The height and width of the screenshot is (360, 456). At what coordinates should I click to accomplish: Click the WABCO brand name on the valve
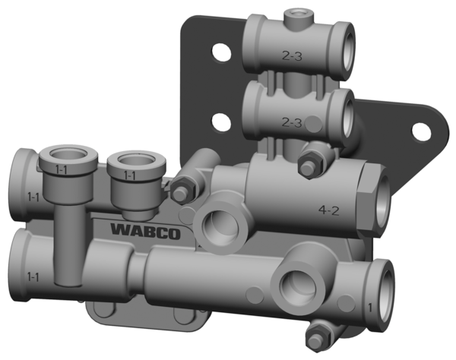(145, 230)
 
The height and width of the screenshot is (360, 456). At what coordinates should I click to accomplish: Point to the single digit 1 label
(371, 307)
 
